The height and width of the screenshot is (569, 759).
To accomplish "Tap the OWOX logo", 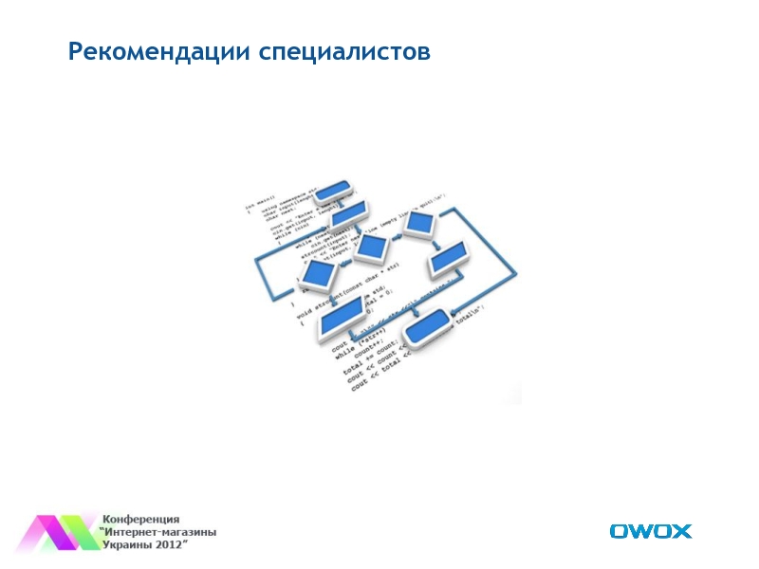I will (x=650, y=531).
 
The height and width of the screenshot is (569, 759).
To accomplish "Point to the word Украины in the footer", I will (x=128, y=545).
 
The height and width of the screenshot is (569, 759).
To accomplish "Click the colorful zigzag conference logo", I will (x=59, y=532).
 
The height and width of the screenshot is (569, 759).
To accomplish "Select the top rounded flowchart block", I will (x=333, y=191).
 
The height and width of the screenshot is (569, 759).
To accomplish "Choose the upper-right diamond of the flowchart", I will (x=417, y=224).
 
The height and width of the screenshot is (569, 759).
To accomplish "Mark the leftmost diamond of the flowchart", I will (x=319, y=276).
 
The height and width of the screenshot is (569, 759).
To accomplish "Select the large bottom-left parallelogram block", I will (x=343, y=316).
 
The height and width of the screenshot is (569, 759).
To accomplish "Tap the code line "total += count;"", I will (x=365, y=365).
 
